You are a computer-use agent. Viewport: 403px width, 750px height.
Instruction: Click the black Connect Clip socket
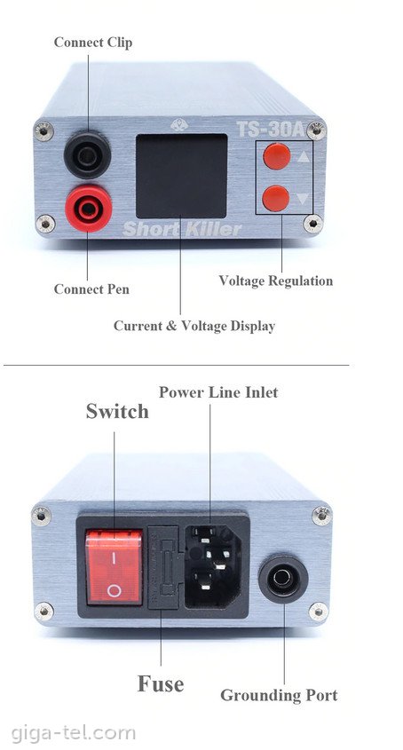(x=88, y=155)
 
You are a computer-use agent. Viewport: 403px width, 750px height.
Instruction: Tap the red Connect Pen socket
(x=89, y=209)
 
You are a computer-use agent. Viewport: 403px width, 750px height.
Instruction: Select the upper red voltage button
(x=277, y=156)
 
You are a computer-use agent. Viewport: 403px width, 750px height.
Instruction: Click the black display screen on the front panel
(x=181, y=176)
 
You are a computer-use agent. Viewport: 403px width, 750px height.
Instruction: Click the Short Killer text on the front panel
(x=182, y=229)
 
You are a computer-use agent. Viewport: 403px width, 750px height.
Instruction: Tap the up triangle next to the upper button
(x=304, y=155)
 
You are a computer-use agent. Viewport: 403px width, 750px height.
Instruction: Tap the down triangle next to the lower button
(x=303, y=198)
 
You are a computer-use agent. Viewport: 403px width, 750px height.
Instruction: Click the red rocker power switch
(x=114, y=566)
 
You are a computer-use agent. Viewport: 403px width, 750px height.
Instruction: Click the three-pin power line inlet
(x=213, y=567)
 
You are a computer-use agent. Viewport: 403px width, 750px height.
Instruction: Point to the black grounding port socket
(x=283, y=580)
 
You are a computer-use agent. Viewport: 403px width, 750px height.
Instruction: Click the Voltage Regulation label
(x=276, y=280)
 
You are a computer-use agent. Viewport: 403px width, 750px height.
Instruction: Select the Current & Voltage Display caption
(x=194, y=327)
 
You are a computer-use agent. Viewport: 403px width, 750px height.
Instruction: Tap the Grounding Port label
(x=279, y=695)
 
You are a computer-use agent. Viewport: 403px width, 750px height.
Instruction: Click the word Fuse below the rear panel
(x=161, y=683)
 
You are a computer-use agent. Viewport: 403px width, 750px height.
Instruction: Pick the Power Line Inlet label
(x=218, y=392)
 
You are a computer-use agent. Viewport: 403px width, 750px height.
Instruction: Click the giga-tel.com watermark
(x=73, y=733)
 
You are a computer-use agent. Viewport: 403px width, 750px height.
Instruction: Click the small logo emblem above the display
(x=179, y=125)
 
